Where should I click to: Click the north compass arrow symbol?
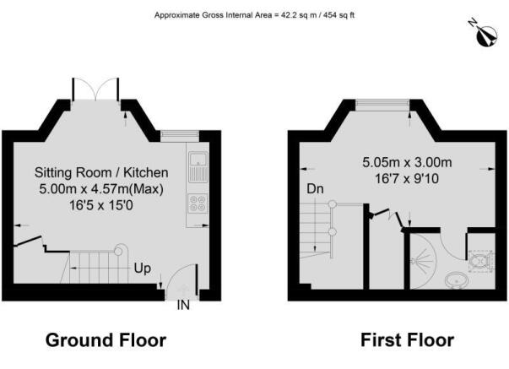pos(486,35)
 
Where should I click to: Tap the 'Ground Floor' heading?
pos(106,340)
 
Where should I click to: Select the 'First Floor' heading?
pos(407,340)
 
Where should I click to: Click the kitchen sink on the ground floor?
pos(198,166)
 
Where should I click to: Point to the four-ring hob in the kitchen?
pos(198,203)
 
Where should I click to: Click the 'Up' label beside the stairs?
pos(143,269)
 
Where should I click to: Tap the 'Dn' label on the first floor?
pos(315,189)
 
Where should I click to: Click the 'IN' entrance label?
pos(183,305)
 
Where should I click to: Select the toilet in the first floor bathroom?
pos(481,261)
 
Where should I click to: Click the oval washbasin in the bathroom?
pos(457,279)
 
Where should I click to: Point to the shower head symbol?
pos(418,261)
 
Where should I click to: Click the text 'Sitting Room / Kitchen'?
pos(101,172)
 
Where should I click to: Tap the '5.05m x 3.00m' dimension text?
pos(407,162)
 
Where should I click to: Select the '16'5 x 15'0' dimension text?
pos(101,205)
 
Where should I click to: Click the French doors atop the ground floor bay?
pos(95,89)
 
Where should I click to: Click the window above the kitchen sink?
pos(180,135)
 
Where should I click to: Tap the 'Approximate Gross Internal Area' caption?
pos(255,15)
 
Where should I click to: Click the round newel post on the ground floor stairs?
pos(118,252)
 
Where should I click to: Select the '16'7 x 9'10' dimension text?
pos(407,179)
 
